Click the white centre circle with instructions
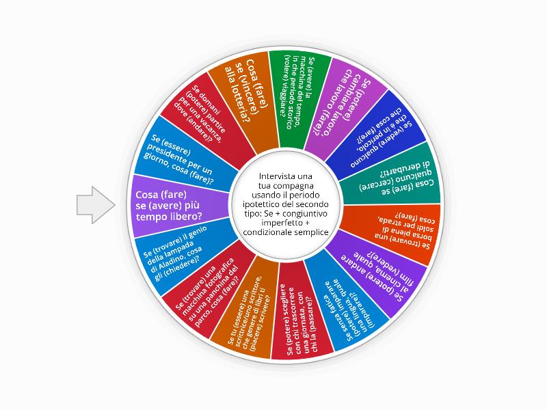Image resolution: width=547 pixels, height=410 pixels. (x=286, y=204)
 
